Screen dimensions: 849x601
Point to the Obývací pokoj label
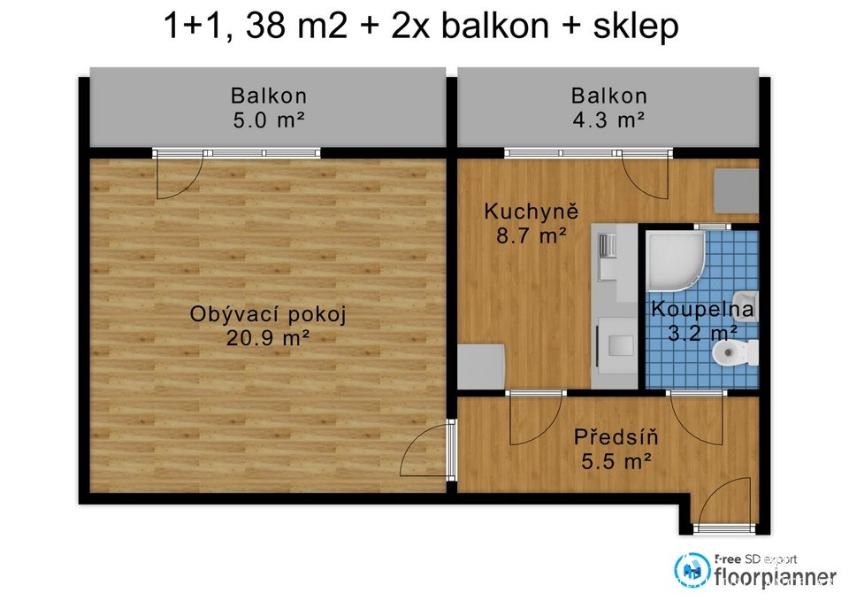click(x=268, y=314)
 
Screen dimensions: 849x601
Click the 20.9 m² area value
click(x=268, y=338)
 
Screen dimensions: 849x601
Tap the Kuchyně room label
click(x=532, y=212)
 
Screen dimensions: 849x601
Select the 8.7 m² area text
click(x=532, y=235)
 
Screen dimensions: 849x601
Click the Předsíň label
click(x=616, y=436)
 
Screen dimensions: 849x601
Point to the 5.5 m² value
click(x=616, y=461)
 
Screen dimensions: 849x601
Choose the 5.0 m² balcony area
click(x=269, y=119)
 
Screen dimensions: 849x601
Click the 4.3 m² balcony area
click(x=608, y=119)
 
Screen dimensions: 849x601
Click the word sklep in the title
click(x=636, y=26)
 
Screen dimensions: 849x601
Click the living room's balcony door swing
click(x=180, y=177)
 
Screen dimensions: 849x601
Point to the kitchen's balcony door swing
click(x=646, y=177)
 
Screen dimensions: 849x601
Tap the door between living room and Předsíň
click(x=424, y=450)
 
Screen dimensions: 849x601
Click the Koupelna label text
click(x=702, y=310)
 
